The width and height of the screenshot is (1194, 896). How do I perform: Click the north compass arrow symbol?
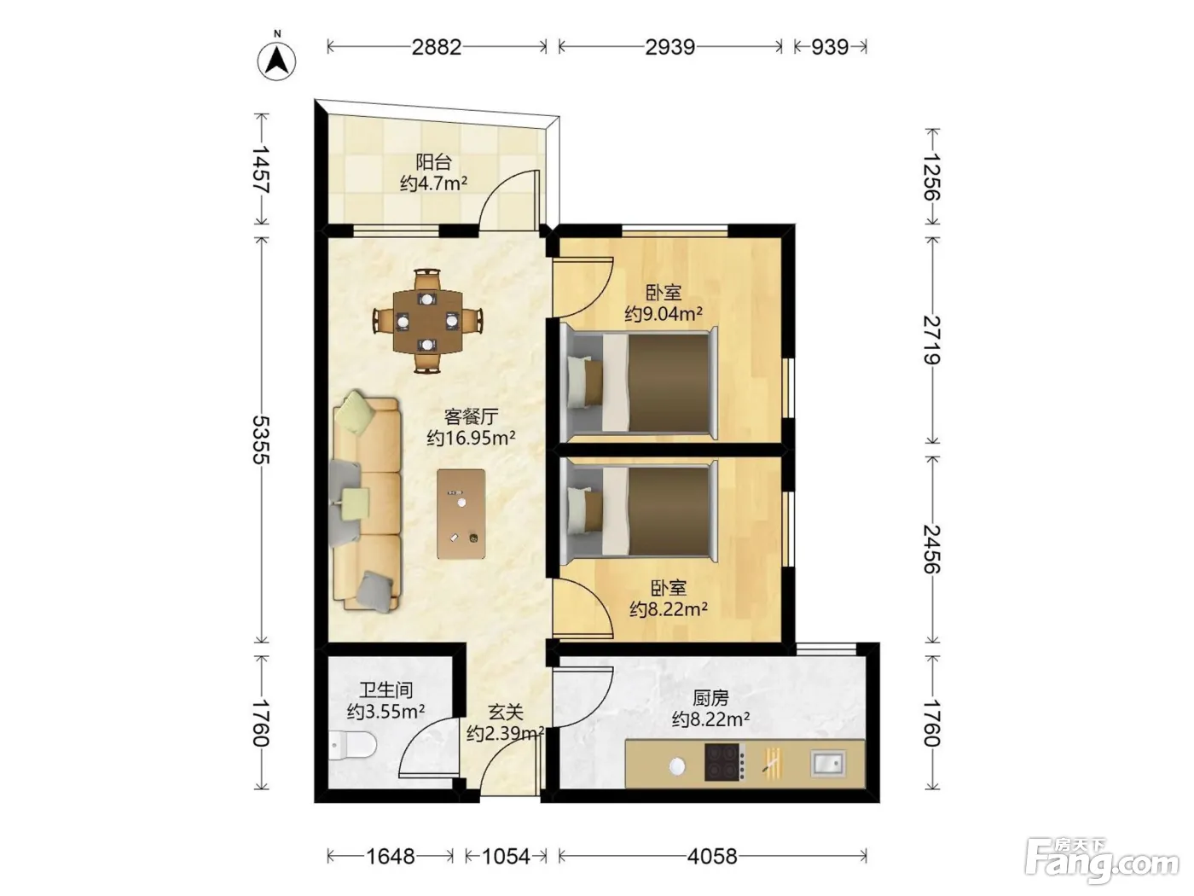(277, 61)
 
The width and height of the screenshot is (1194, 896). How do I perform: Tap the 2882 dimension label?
(437, 47)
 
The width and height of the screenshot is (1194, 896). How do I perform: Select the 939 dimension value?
(830, 47)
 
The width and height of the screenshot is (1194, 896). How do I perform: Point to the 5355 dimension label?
(262, 439)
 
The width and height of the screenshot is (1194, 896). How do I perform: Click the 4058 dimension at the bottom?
(712, 857)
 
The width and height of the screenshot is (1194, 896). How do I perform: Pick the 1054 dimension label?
(506, 857)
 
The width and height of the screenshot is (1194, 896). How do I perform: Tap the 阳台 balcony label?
(433, 162)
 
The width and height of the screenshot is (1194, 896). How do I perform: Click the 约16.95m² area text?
(471, 438)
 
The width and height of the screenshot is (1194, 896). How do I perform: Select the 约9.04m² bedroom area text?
(663, 313)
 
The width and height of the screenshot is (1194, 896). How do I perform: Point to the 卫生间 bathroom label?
(385, 689)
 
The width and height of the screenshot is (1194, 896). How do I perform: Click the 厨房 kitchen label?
(710, 697)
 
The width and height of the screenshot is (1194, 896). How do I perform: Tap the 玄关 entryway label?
(506, 713)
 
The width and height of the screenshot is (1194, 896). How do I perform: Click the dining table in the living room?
(427, 322)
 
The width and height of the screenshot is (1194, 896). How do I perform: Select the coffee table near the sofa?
(461, 514)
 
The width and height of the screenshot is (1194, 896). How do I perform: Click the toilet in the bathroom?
(352, 744)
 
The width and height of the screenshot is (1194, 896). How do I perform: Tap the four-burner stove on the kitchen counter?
(722, 762)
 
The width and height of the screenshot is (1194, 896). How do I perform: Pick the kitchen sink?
(828, 763)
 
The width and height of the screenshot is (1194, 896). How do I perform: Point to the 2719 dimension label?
(932, 340)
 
